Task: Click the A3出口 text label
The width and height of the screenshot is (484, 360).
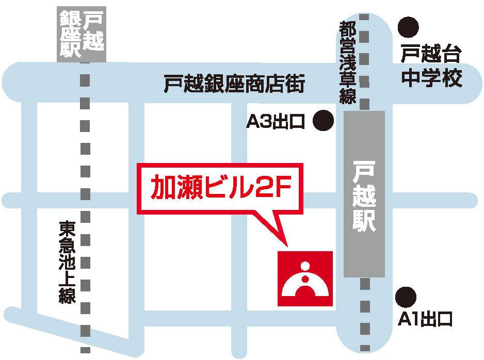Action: [277, 122]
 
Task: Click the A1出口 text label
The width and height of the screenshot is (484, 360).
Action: [425, 320]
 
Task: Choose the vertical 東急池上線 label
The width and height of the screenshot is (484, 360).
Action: [67, 262]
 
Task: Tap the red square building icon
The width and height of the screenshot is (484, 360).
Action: [305, 279]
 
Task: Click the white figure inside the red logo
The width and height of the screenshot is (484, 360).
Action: [305, 283]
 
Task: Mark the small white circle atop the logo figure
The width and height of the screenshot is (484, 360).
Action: [305, 267]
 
